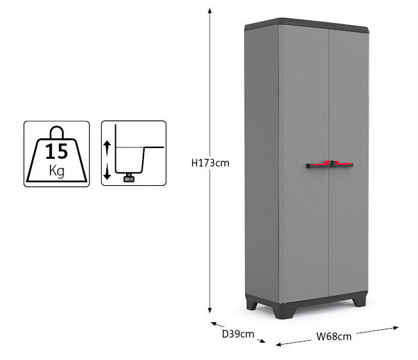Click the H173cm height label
click(x=210, y=163)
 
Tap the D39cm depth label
click(x=238, y=334)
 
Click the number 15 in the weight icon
click(x=56, y=152)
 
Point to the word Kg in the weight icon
click(x=56, y=170)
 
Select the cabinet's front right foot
click(x=361, y=300)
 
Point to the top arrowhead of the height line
click(x=210, y=10)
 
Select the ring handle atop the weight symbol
click(x=56, y=132)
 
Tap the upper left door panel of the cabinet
click(x=303, y=96)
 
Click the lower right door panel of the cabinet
click(x=348, y=237)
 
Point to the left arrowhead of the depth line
click(x=214, y=323)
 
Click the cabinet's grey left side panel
click(x=261, y=160)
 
